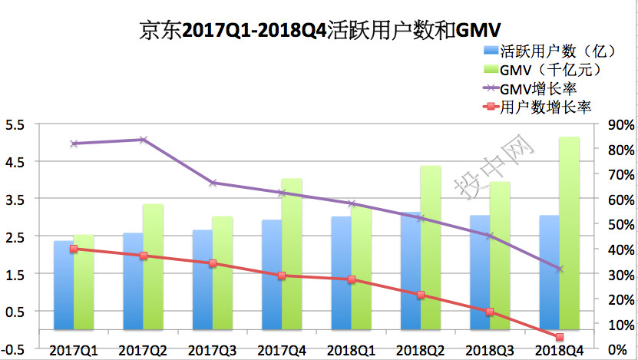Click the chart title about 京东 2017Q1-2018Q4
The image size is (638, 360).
[319, 30]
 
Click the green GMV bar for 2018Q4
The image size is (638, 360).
[569, 238]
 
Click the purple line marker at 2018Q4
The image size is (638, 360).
[559, 269]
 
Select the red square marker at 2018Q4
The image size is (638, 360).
[559, 337]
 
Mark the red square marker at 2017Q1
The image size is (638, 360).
[74, 249]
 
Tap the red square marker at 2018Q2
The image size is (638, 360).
[421, 295]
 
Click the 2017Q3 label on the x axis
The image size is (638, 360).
[212, 350]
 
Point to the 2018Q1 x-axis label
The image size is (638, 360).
[351, 350]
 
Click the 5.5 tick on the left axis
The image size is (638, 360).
[15, 125]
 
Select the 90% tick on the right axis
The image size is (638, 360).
[621, 125]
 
